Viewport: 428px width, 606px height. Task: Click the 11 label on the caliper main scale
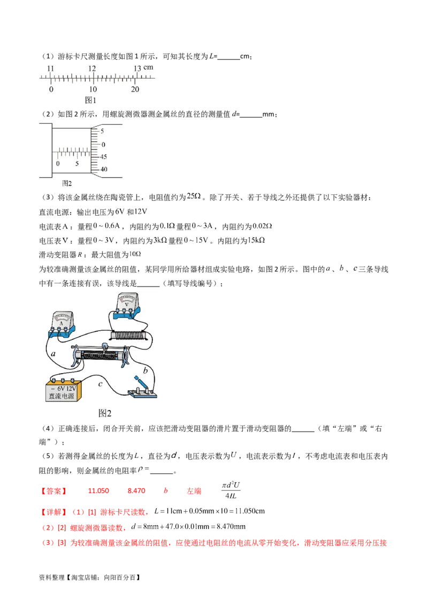[x=50, y=69]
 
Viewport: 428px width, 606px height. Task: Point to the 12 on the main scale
[x=92, y=69]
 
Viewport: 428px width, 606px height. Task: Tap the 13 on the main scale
[x=137, y=69]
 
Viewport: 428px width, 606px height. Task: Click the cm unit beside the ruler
[x=148, y=67]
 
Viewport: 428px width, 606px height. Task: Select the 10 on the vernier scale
[x=93, y=89]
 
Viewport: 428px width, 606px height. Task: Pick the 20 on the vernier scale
[x=135, y=89]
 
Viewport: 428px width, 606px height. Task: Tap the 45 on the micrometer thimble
[x=103, y=157]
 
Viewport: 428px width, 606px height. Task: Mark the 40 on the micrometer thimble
[x=103, y=170]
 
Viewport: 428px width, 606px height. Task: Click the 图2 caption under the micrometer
[x=67, y=183]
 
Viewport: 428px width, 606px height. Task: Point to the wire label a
[x=53, y=354]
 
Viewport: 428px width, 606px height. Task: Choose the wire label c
[x=101, y=384]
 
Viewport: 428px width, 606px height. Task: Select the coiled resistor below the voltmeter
[x=128, y=336]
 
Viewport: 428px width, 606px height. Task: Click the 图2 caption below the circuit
[x=105, y=413]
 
